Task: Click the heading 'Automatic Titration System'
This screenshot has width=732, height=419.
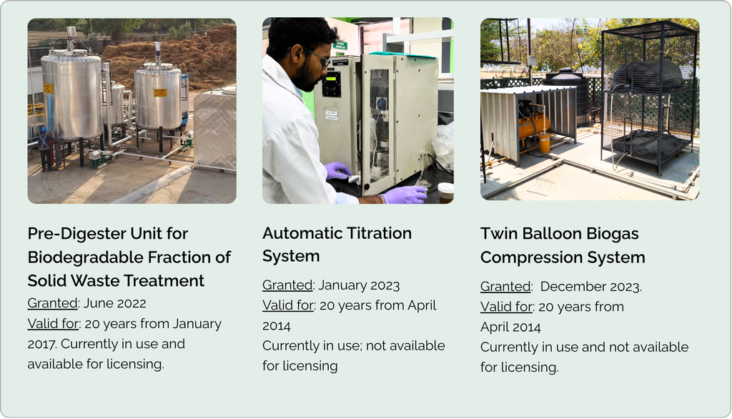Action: [337, 245]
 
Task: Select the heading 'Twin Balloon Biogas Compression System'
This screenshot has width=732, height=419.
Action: [563, 245]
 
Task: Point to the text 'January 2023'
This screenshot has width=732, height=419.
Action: [359, 285]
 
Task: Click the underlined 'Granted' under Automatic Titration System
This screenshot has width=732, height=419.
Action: [287, 285]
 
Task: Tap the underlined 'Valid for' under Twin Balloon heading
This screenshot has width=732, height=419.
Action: [507, 307]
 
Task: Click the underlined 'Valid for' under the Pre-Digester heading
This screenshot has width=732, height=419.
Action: [54, 323]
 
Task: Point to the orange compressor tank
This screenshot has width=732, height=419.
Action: [535, 125]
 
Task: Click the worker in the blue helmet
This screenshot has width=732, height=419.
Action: [46, 149]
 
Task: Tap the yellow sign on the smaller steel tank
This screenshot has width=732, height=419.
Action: [160, 92]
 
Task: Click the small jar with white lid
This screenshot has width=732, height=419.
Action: [446, 192]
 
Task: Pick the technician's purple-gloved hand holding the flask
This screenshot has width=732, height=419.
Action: [404, 194]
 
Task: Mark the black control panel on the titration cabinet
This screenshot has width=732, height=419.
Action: [332, 84]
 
